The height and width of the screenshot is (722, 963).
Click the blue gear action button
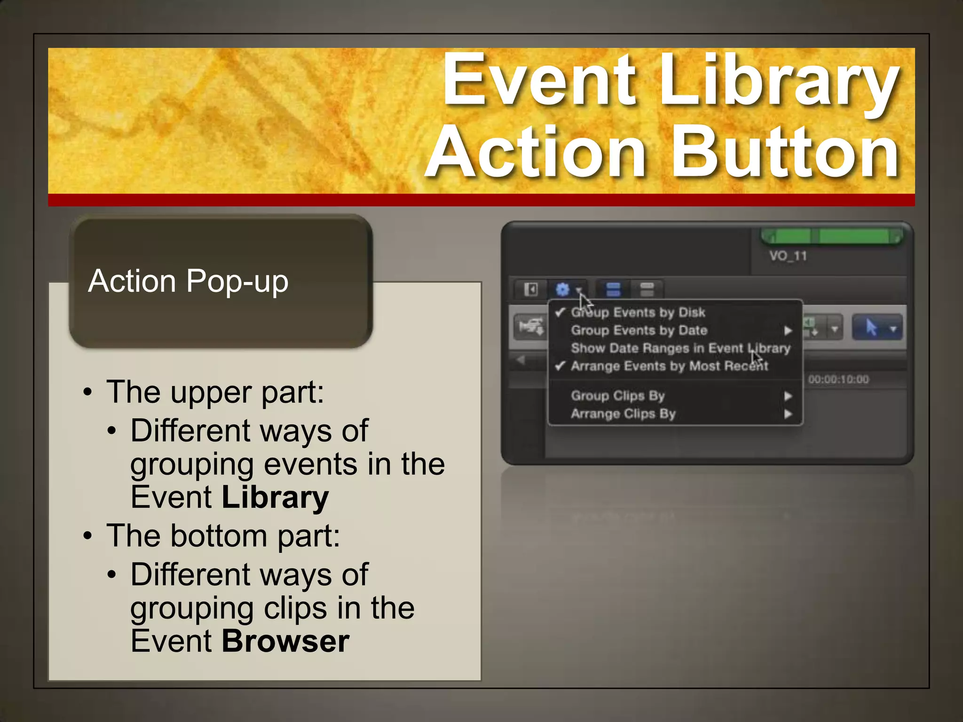click(563, 289)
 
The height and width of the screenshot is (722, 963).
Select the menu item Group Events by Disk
click(638, 313)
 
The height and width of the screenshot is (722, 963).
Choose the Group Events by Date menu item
click(639, 330)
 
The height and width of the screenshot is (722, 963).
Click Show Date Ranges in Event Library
click(680, 348)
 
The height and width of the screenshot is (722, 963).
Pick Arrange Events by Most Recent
click(669, 366)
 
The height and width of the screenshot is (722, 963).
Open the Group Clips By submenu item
click(617, 396)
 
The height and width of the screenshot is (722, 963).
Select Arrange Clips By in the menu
click(623, 414)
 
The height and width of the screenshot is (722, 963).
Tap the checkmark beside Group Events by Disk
click(560, 313)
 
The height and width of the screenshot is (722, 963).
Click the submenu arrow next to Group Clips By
click(788, 396)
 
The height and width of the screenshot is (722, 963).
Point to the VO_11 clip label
click(788, 256)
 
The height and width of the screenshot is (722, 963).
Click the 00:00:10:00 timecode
click(838, 380)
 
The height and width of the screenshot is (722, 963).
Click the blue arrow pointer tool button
click(871, 328)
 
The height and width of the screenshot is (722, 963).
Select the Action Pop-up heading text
click(188, 281)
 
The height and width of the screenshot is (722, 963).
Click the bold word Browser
click(285, 641)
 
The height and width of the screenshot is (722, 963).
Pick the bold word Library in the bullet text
click(275, 497)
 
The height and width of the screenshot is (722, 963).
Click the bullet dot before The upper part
click(88, 392)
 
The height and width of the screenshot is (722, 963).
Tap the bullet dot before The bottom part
click(88, 536)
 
